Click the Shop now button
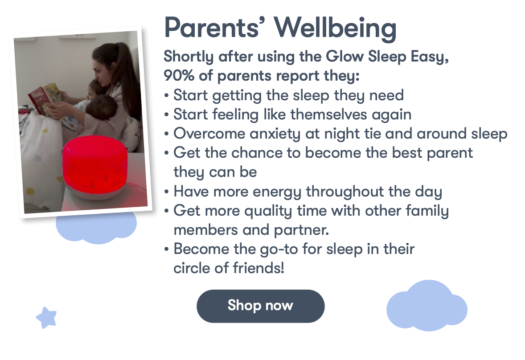260,306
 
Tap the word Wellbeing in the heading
336,29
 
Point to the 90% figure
179,75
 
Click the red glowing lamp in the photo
95,167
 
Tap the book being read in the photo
46,99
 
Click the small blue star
46,318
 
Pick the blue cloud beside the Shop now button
427,306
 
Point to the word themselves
328,115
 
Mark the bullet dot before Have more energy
166,192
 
